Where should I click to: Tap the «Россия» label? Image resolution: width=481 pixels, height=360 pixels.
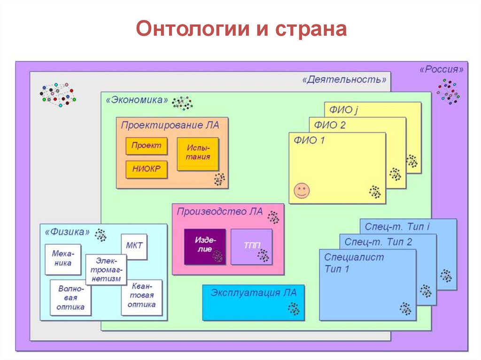pyautogui.click(x=441, y=69)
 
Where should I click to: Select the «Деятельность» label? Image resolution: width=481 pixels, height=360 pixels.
pyautogui.click(x=345, y=79)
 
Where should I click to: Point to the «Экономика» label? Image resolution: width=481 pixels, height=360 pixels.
pyautogui.click(x=137, y=100)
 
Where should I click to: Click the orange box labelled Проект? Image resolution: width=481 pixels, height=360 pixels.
pyautogui.click(x=146, y=146)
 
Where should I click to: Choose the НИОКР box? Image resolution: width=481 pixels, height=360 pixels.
pyautogui.click(x=146, y=169)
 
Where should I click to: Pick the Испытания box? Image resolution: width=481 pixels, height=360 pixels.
pyautogui.click(x=197, y=153)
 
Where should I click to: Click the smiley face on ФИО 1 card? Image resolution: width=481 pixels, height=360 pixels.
pyautogui.click(x=302, y=190)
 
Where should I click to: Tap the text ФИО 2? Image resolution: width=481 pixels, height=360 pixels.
pyautogui.click(x=330, y=125)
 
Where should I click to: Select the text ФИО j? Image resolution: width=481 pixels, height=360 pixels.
pyautogui.click(x=343, y=110)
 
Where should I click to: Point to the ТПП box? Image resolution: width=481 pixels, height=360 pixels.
pyautogui.click(x=251, y=246)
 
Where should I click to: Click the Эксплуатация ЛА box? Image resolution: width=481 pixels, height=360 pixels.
pyautogui.click(x=253, y=302)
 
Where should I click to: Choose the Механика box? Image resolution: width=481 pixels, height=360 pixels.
pyautogui.click(x=62, y=259)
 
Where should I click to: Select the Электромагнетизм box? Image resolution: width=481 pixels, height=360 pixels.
pyautogui.click(x=106, y=269)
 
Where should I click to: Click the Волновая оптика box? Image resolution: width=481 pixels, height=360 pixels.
pyautogui.click(x=70, y=298)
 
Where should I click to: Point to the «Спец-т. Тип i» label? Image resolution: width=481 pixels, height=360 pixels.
pyautogui.click(x=397, y=227)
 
